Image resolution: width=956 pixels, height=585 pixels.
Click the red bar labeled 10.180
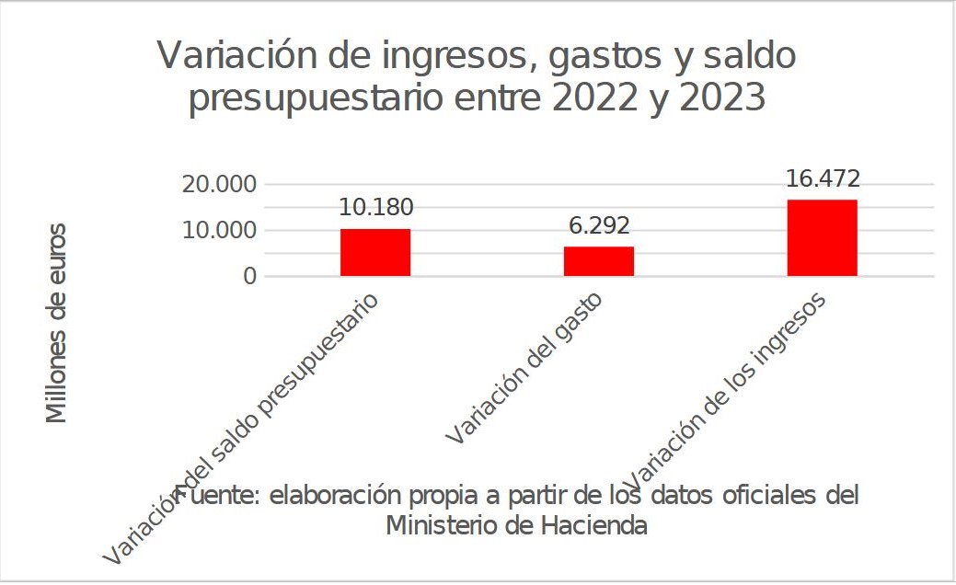(374, 252)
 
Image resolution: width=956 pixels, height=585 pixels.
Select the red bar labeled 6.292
(598, 261)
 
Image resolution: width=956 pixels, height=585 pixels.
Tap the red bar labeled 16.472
(822, 237)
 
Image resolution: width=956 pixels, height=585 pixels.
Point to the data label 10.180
(375, 208)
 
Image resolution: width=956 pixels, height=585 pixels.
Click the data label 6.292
(599, 226)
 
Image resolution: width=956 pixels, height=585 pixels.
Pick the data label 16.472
(823, 178)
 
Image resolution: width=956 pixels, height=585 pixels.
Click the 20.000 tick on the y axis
(220, 184)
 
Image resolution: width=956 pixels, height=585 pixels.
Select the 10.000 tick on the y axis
(220, 230)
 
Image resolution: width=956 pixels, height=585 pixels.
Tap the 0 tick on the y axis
(249, 276)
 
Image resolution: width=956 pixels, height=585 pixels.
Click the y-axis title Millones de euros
(57, 323)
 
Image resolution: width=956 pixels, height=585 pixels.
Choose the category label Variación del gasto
(524, 370)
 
